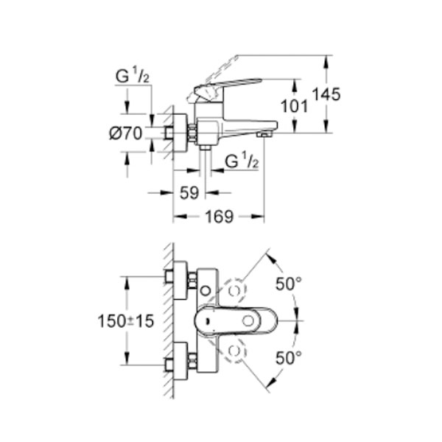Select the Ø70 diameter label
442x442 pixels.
[x=124, y=133]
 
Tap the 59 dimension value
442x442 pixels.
[x=189, y=192]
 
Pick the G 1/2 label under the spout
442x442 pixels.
[x=240, y=160]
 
